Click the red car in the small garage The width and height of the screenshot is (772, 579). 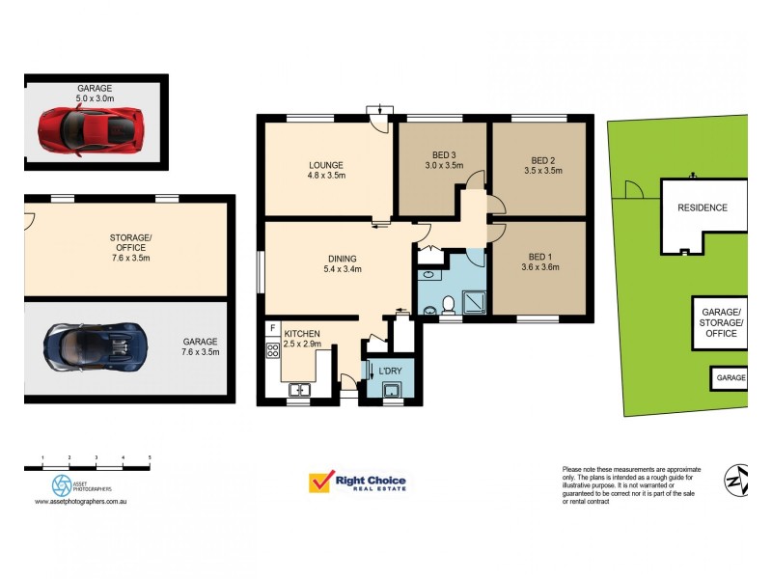point(92,126)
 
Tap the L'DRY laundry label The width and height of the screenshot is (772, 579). point(389,372)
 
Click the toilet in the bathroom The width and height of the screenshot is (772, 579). point(448,305)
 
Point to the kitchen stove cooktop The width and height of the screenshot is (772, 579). point(272,351)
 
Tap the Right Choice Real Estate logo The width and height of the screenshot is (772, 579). point(357,482)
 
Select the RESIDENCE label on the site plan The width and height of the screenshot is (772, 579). point(702,207)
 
